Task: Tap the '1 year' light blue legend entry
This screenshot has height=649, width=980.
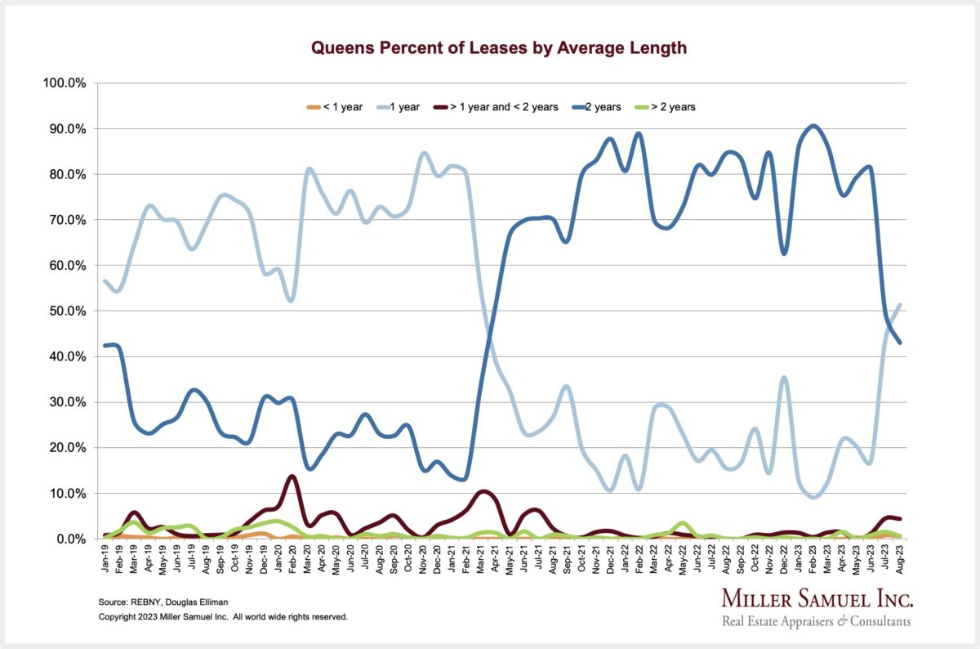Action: [x=400, y=106]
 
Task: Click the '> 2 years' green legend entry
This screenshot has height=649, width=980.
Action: [x=666, y=106]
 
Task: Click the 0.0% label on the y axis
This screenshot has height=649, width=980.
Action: [x=69, y=539]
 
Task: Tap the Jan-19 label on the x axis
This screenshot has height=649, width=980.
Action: [x=106, y=558]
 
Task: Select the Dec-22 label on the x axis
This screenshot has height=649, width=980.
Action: [x=784, y=558]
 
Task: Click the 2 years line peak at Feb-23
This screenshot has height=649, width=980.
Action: [x=813, y=126]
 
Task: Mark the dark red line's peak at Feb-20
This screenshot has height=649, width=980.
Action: [x=292, y=476]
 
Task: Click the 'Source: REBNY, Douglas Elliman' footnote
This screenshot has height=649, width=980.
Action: [x=163, y=602]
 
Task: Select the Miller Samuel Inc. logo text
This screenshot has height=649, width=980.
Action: [x=817, y=600]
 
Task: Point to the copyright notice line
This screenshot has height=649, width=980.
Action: [x=223, y=616]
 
